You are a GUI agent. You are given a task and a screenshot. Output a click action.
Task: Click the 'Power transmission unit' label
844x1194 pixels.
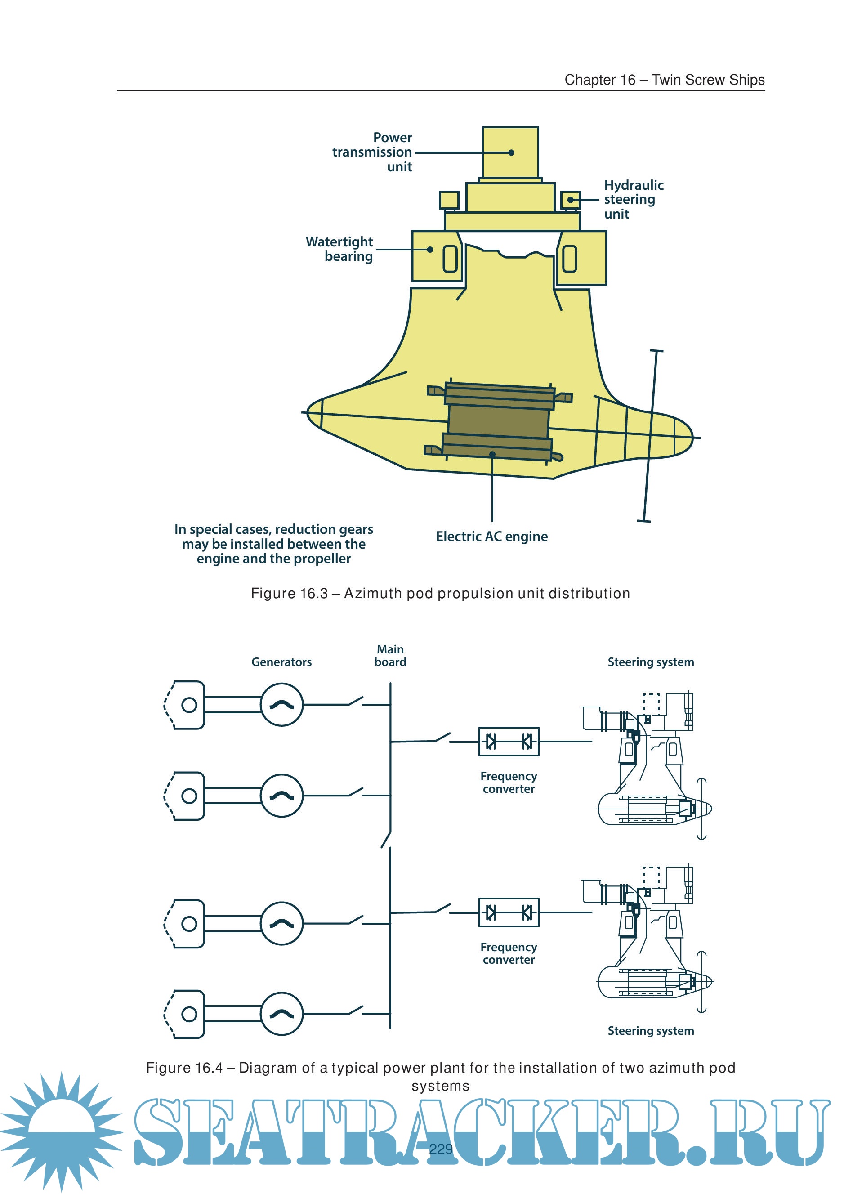[x=372, y=152]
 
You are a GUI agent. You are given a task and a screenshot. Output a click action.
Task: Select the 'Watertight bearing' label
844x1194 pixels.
[x=339, y=249]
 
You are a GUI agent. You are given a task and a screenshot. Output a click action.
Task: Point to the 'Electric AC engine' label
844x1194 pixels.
[x=491, y=536]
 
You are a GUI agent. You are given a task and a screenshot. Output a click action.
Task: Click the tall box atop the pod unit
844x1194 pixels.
[x=510, y=152]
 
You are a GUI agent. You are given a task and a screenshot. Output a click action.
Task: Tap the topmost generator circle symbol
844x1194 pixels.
[x=281, y=705]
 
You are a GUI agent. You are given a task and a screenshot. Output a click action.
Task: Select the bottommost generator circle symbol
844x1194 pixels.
[x=281, y=1014]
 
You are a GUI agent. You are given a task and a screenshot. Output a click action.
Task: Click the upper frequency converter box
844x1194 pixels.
[x=509, y=741]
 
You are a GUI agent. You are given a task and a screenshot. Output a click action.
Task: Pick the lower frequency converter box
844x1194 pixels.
[x=509, y=912]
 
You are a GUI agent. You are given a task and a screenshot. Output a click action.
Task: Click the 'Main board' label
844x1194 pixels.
[x=390, y=656]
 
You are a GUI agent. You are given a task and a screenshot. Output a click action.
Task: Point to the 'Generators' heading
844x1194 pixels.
[x=281, y=662]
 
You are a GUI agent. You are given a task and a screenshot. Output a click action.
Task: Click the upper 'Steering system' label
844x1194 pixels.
[x=651, y=662]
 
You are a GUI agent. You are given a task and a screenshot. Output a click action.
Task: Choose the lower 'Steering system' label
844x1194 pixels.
[x=651, y=1031]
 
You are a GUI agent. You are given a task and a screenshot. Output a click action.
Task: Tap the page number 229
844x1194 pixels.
[x=441, y=1149]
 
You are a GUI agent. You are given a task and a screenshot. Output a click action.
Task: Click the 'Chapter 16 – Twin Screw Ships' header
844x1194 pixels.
[x=664, y=80]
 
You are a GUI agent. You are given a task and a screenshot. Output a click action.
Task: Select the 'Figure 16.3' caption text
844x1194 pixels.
[x=440, y=593]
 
